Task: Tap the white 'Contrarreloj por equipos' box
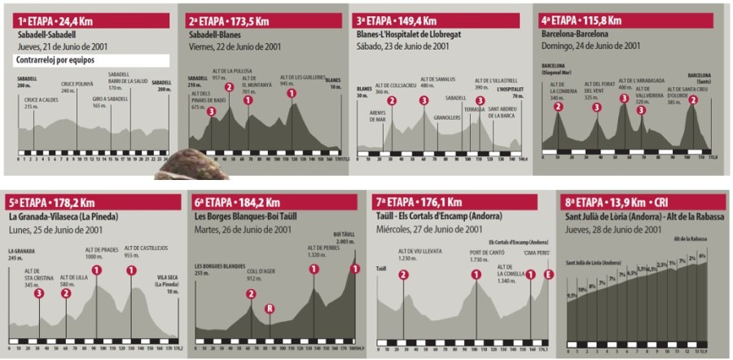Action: [90, 60]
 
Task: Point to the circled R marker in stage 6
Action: [270, 309]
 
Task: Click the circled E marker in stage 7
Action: [548, 274]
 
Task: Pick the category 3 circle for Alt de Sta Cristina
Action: [39, 293]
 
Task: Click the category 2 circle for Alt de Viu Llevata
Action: [403, 274]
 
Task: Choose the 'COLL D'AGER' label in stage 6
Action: [261, 274]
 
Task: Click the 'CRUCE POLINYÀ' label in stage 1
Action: [77, 86]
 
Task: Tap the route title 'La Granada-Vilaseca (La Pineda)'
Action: [64, 217]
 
